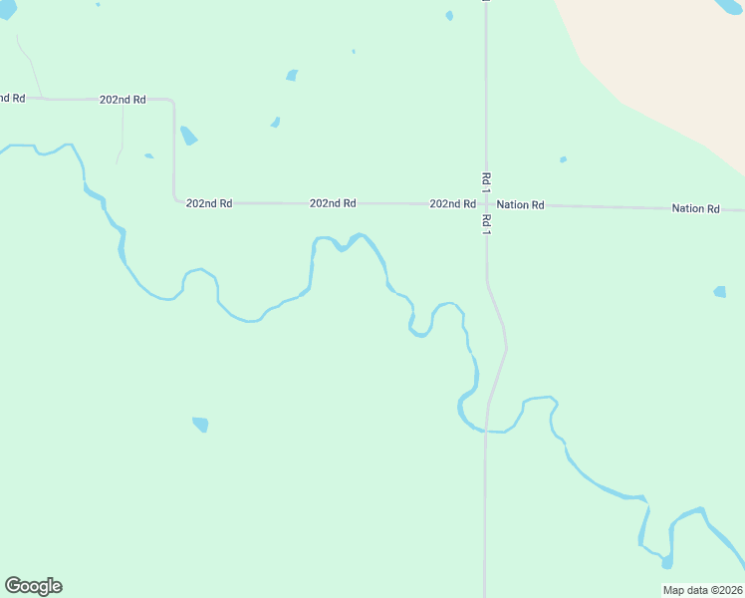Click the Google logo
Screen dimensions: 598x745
coord(33,586)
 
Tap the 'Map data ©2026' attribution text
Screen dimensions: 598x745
coord(702,590)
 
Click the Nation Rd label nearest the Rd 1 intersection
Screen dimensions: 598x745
coord(520,204)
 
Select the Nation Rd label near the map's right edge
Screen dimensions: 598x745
coord(695,208)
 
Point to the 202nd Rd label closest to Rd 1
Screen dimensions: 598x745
coord(452,203)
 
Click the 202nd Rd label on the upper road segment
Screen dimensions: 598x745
coord(123,100)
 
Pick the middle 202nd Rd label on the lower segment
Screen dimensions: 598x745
coord(333,203)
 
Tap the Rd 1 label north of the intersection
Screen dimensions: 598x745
coord(486,179)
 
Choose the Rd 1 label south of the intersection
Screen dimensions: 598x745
coord(486,225)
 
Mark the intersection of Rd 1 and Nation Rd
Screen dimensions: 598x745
coord(486,204)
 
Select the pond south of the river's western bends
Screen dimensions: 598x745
coord(200,425)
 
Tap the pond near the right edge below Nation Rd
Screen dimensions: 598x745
coord(719,292)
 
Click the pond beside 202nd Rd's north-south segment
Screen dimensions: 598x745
coord(188,136)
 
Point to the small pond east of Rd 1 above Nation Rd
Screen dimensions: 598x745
coord(563,159)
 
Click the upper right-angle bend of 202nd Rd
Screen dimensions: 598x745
coord(172,101)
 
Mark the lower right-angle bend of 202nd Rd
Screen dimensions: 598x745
coord(175,201)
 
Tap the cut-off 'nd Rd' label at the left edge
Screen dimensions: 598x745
coord(12,98)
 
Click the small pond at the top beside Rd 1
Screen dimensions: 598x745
coord(449,16)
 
